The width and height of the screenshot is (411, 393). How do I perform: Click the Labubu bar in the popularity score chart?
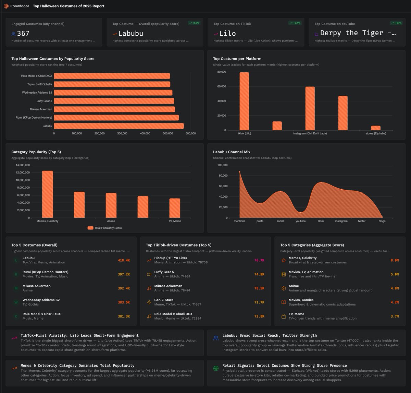(119, 126)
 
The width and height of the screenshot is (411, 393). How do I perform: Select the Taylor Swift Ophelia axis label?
(40, 84)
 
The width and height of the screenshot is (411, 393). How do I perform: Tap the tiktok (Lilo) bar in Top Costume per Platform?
(244, 101)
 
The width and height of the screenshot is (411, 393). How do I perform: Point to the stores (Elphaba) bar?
(376, 128)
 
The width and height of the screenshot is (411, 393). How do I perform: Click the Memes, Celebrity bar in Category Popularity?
(47, 194)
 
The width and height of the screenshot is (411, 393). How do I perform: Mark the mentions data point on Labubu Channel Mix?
(239, 172)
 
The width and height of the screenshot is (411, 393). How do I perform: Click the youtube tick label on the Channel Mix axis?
(300, 221)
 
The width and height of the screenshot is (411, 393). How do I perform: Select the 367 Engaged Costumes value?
(23, 34)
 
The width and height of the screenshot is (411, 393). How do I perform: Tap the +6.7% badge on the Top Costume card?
(194, 23)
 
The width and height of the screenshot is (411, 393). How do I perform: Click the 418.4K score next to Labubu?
(124, 260)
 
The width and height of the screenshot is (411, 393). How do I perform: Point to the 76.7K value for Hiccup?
(259, 260)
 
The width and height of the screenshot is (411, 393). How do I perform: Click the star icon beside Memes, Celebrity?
(284, 260)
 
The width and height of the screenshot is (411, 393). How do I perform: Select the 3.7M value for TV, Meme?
(395, 316)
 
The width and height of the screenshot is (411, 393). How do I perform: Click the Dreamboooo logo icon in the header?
(6, 6)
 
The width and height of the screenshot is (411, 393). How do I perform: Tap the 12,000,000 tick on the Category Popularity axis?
(23, 172)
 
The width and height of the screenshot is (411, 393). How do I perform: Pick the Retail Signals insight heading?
(284, 366)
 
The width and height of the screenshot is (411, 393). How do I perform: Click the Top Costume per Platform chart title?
(237, 59)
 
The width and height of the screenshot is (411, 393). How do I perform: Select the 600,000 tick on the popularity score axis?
(190, 133)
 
